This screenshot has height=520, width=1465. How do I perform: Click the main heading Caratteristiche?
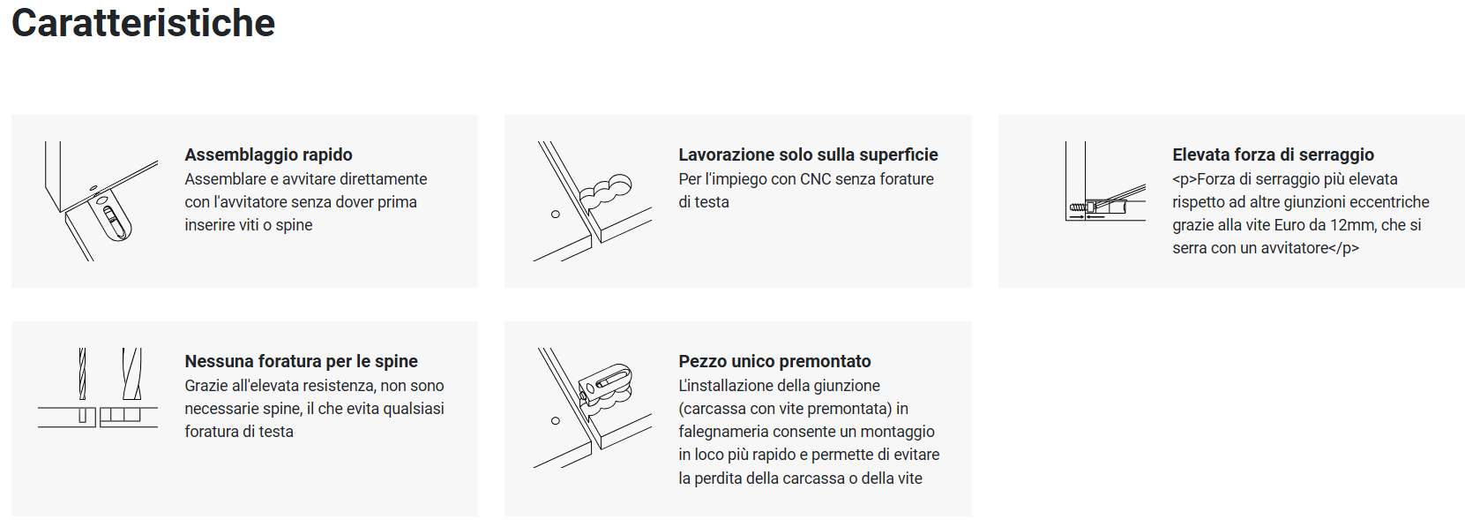(143, 24)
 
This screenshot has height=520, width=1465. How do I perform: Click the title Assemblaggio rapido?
(268, 154)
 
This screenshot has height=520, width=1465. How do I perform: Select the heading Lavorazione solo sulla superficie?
(808, 154)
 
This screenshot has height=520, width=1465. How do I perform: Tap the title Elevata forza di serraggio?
(1273, 154)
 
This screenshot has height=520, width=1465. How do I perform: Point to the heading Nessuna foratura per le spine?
(301, 361)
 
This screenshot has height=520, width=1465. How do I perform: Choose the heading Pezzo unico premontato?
(774, 361)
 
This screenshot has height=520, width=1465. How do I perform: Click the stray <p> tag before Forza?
(1185, 179)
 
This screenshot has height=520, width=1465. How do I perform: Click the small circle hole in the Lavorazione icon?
(556, 215)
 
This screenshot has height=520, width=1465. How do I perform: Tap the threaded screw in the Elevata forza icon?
(1077, 207)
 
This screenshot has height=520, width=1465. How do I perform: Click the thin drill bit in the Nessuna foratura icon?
(82, 373)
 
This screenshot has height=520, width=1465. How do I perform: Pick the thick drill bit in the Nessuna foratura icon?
(131, 373)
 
